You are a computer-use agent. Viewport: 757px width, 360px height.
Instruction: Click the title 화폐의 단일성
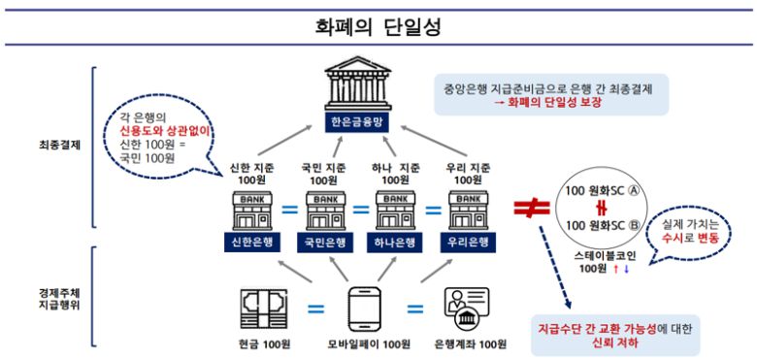tap(378, 25)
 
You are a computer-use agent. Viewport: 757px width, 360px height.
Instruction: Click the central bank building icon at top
tap(355, 85)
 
